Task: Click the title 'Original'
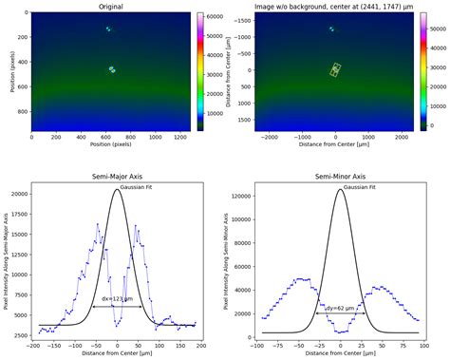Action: click(111, 7)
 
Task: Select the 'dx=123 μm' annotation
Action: click(118, 299)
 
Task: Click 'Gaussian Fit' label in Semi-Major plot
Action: click(140, 187)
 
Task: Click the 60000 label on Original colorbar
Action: click(213, 17)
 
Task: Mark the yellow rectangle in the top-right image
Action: click(335, 69)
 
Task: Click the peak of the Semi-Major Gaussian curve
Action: click(117, 189)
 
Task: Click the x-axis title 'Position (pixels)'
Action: click(111, 146)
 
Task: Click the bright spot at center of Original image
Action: click(112, 69)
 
